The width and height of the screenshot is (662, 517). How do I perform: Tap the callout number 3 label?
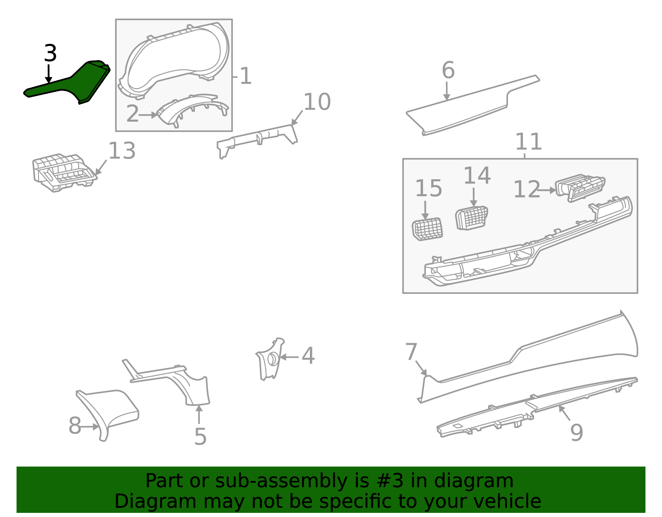tap(50, 54)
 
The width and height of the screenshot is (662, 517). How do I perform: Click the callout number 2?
tap(132, 114)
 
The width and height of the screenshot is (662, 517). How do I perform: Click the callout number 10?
tap(317, 102)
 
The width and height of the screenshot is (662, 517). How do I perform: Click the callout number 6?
tap(448, 70)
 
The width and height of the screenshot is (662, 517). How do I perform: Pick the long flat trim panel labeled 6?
tap(472, 106)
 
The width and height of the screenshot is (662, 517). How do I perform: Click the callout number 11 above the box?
tap(528, 142)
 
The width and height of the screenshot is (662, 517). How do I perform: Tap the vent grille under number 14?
tap(472, 217)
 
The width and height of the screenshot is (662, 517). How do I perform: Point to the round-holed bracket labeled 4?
tap(270, 359)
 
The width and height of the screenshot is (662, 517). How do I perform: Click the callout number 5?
tap(200, 437)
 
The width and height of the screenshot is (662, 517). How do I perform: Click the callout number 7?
tap(411, 352)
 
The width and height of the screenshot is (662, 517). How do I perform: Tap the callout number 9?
tap(577, 433)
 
